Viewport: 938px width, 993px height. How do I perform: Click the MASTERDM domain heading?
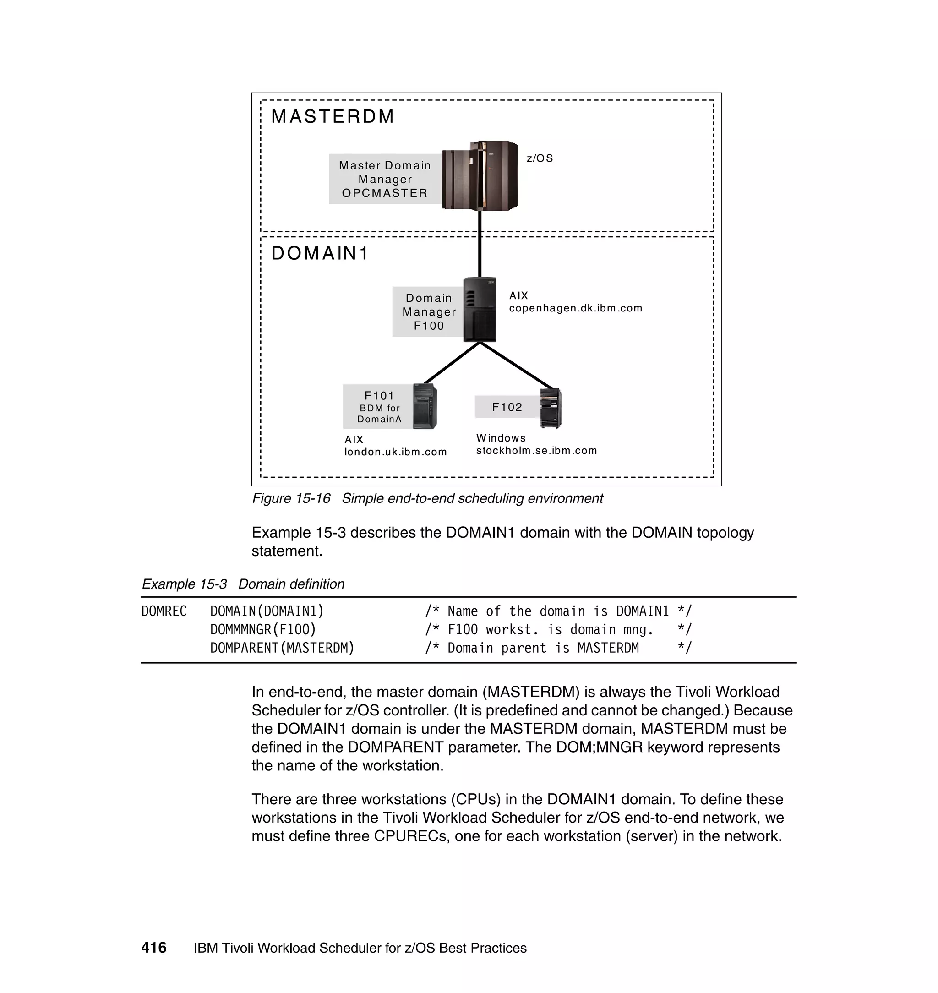pyautogui.click(x=333, y=116)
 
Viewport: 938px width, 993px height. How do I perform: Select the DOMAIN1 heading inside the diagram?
pyautogui.click(x=320, y=253)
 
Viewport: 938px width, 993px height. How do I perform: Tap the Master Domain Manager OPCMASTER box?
pyautogui.click(x=385, y=179)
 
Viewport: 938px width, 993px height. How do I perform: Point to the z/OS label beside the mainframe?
pyautogui.click(x=540, y=158)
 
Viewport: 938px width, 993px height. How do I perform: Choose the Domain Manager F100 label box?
pyautogui.click(x=429, y=311)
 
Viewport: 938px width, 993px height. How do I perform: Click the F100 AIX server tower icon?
pyautogui.click(x=480, y=310)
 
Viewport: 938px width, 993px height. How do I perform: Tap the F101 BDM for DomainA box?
pyautogui.click(x=378, y=407)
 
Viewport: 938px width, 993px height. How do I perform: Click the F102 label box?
pyautogui.click(x=507, y=407)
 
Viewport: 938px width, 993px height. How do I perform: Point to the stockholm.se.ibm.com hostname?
pyautogui.click(x=536, y=451)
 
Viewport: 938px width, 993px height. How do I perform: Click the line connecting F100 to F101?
pyautogui.click(x=452, y=364)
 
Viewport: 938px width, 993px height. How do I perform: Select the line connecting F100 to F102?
pyautogui.click(x=517, y=366)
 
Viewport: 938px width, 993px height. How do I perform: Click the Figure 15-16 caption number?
pyautogui.click(x=291, y=498)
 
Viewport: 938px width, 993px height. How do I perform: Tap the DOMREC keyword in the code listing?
pyautogui.click(x=164, y=611)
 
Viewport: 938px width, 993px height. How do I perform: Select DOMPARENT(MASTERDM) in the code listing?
pyautogui.click(x=282, y=648)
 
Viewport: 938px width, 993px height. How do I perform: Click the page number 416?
pyautogui.click(x=154, y=948)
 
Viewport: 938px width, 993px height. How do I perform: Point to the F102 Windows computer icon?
pyautogui.click(x=551, y=409)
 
